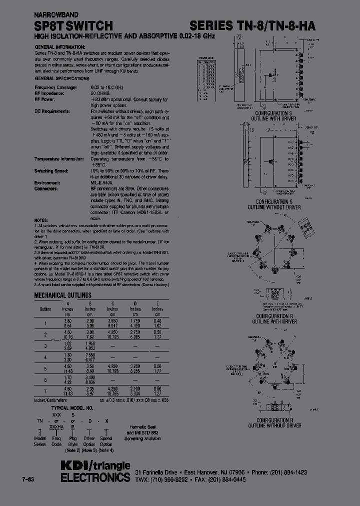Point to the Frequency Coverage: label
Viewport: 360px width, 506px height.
click(x=55, y=87)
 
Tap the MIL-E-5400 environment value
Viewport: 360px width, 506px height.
click(x=102, y=183)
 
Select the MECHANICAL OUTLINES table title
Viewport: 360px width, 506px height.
click(x=62, y=295)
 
